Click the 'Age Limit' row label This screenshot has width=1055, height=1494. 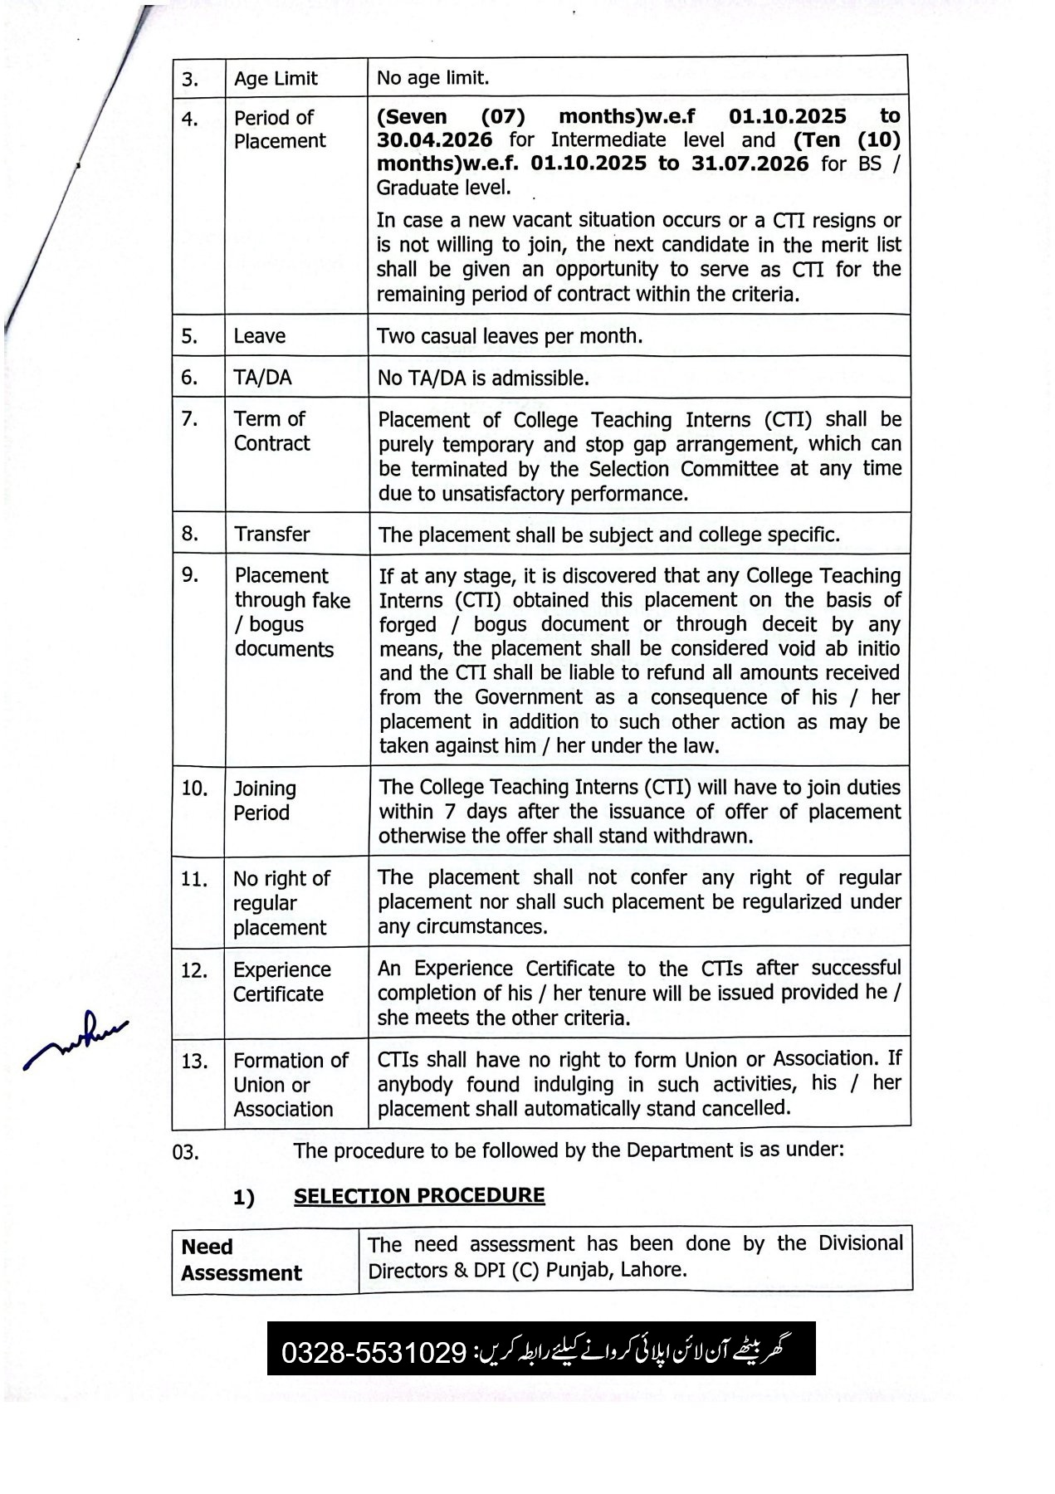276,79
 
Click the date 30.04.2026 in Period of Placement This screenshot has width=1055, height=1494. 434,140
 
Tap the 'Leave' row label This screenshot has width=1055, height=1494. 259,336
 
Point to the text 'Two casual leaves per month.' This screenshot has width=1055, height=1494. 510,336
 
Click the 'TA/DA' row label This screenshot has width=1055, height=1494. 262,378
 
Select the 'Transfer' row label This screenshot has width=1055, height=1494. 271,534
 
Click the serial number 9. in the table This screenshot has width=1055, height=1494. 190,574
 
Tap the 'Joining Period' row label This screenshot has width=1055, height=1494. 264,800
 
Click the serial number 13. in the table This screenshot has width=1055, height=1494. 194,1061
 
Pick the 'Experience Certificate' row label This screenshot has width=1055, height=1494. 281,981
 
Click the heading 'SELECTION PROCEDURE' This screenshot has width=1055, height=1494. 419,1195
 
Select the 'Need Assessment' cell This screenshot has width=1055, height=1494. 241,1259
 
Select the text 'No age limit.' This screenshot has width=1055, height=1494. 432,78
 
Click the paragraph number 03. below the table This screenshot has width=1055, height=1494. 186,1152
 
